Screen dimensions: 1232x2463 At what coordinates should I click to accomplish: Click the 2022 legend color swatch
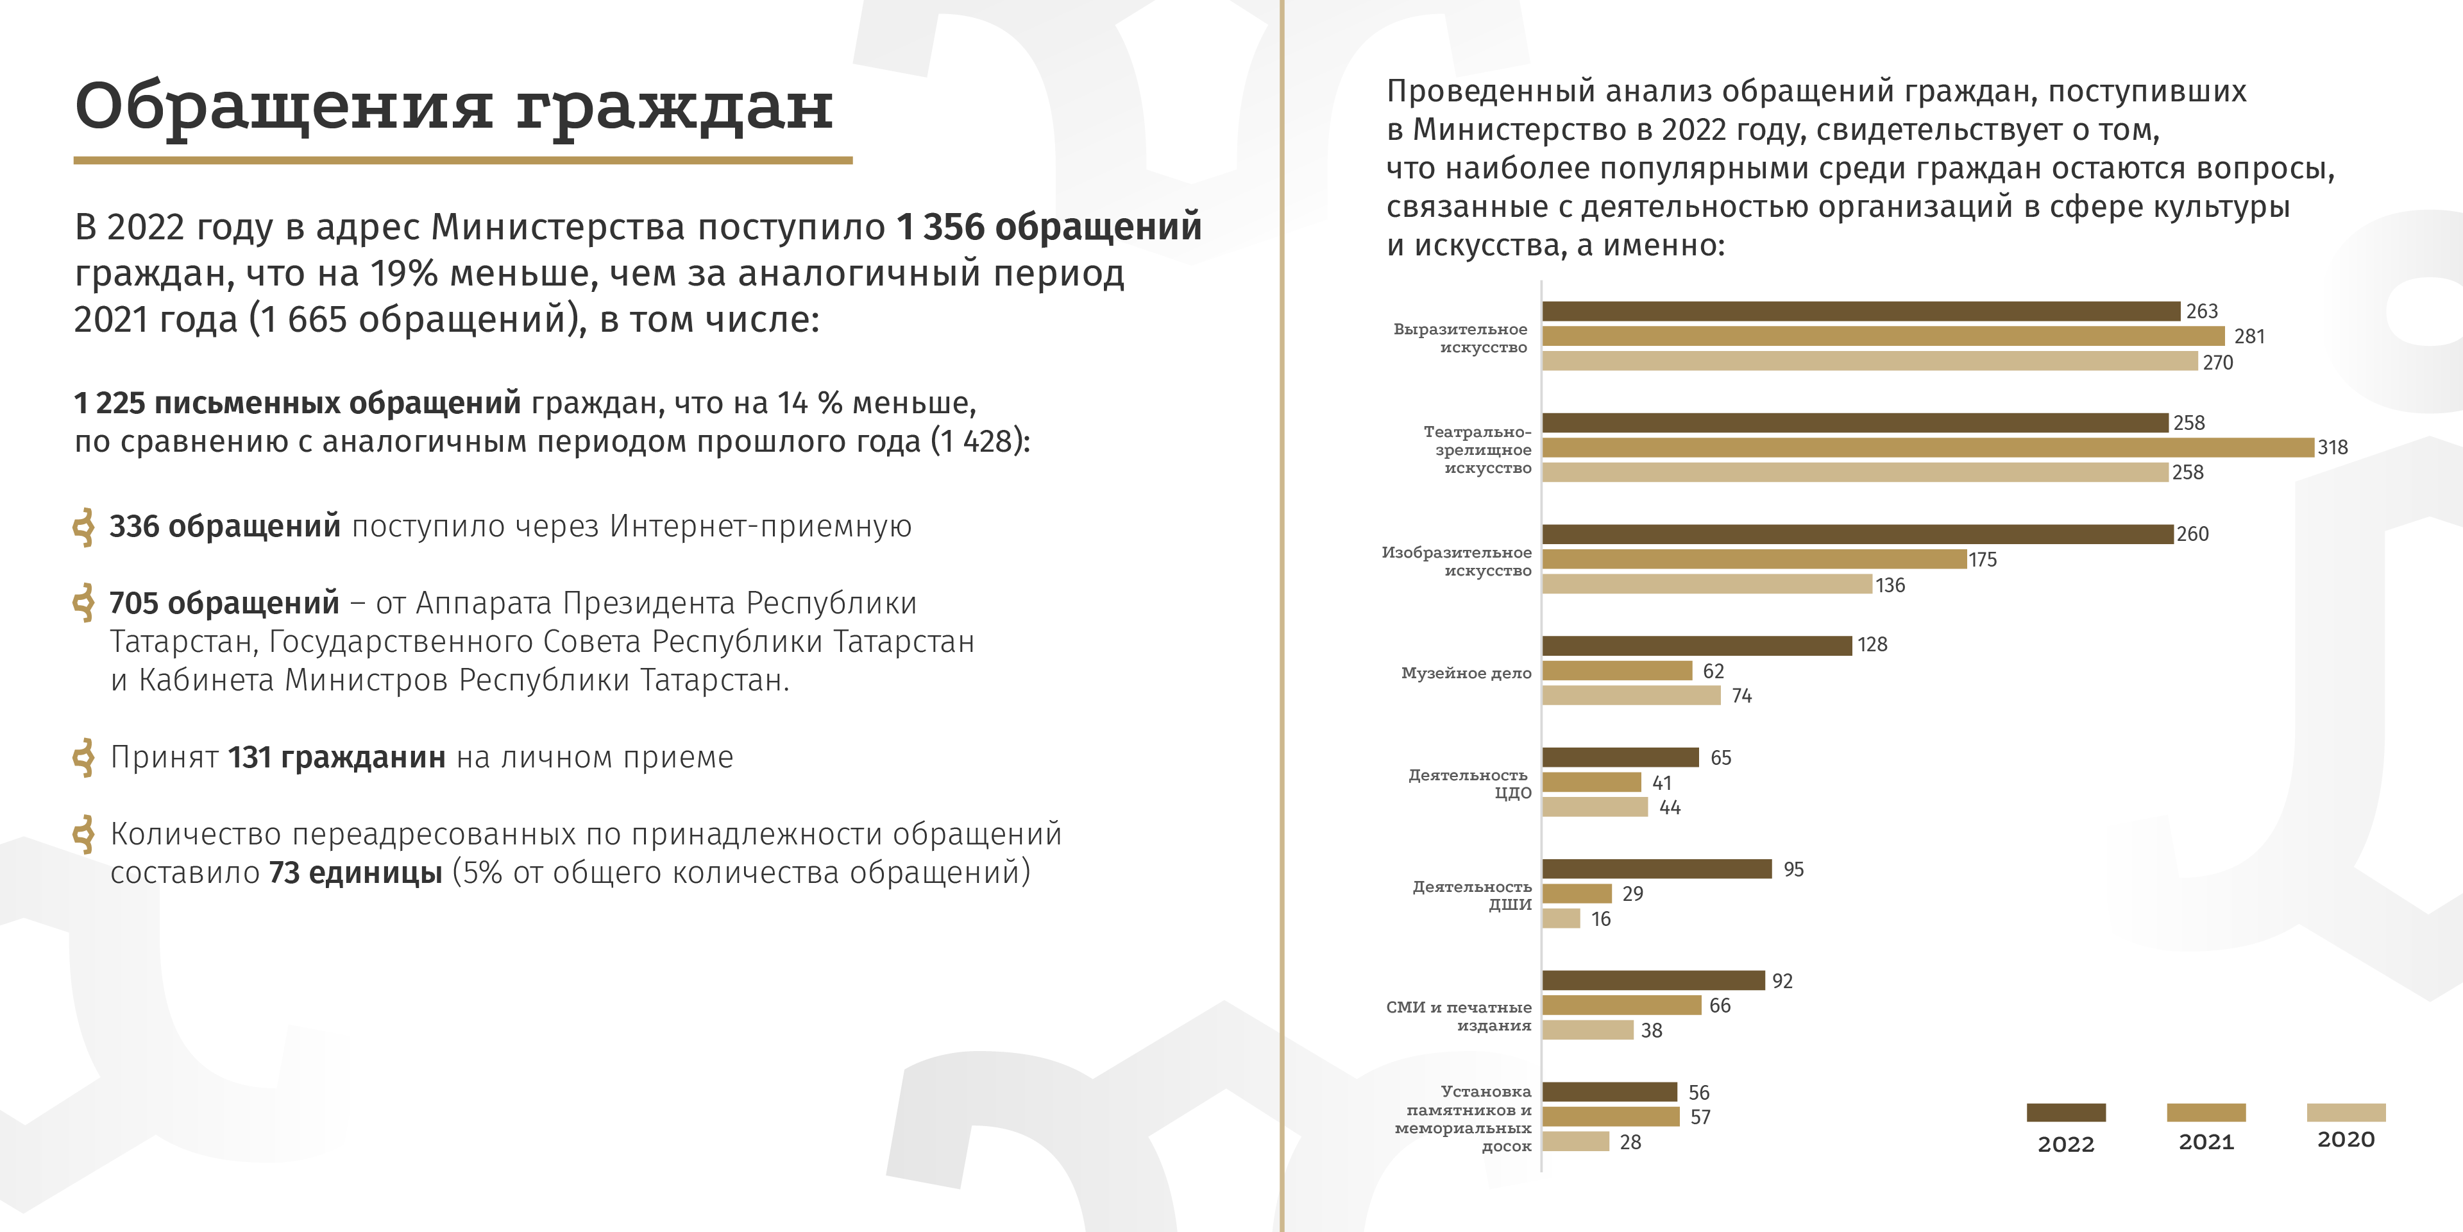(x=2065, y=1113)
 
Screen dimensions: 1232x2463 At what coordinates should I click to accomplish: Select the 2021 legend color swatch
(x=2206, y=1113)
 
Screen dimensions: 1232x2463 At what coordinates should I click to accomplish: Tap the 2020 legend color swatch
(x=2346, y=1113)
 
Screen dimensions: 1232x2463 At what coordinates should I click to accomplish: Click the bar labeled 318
(x=1927, y=448)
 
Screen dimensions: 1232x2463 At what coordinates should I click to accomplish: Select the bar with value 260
(x=1857, y=534)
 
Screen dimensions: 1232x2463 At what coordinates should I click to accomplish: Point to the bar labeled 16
(x=1561, y=918)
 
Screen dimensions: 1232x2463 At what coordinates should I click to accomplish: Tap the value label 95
(x=1793, y=869)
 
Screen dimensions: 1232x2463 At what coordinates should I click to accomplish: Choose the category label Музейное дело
(x=1466, y=673)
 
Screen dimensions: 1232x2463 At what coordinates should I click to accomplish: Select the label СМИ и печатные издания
(x=1459, y=1016)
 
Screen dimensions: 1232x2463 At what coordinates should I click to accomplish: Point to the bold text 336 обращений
(x=224, y=526)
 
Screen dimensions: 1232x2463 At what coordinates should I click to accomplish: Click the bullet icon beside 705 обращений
(x=84, y=603)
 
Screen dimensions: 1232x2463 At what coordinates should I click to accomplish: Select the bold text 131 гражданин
(x=337, y=758)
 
